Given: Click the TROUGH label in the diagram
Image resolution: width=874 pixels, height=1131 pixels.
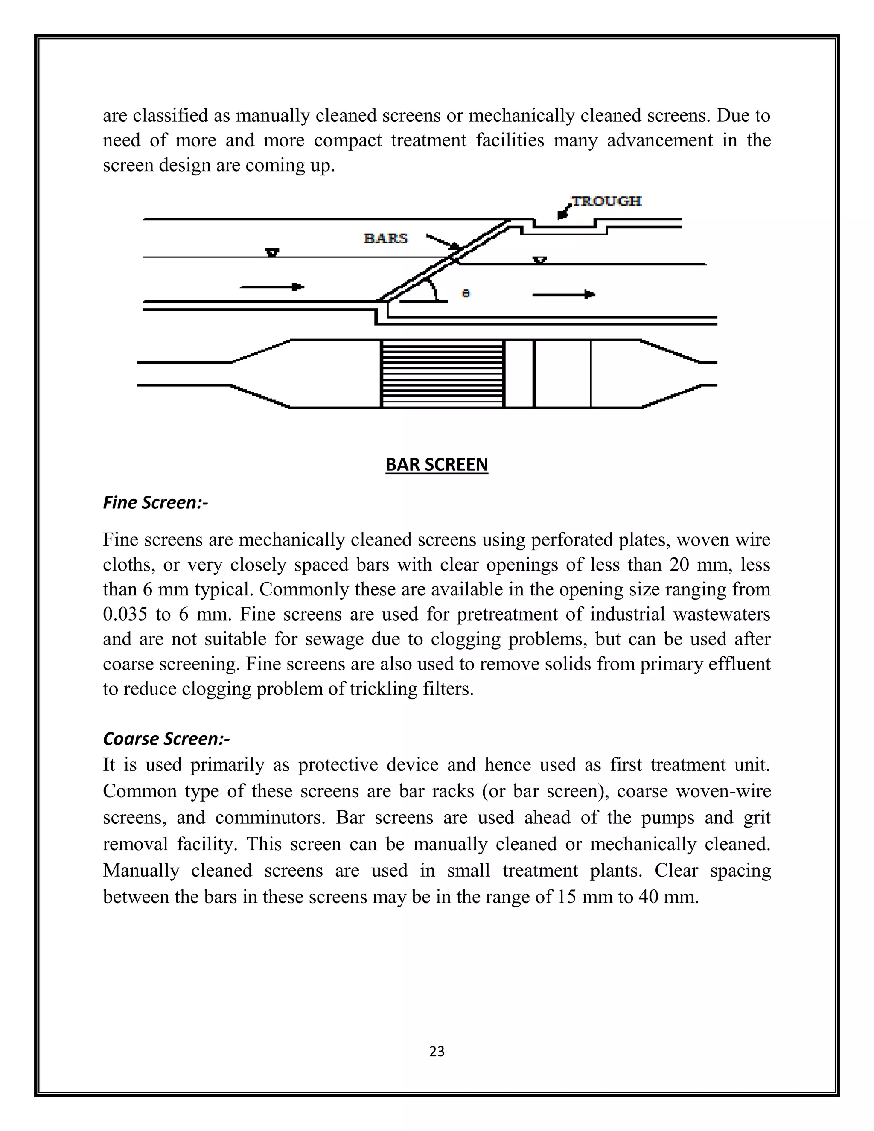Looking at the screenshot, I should point(606,201).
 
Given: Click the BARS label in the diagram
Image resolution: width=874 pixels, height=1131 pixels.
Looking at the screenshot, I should point(386,238).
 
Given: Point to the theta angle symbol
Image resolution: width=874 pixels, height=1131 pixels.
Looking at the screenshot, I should point(466,294).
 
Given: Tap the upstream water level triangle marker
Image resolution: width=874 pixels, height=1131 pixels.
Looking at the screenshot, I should point(272,253).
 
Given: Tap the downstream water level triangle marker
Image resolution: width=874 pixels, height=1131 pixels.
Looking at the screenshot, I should point(540,260).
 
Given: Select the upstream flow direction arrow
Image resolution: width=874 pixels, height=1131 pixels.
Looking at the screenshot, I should point(272,286).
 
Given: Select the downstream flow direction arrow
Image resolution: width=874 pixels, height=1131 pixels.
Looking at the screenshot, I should point(563,294).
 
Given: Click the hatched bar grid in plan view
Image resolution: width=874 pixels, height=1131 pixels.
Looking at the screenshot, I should point(442,374).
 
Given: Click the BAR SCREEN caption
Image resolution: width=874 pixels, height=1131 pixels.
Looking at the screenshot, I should point(437,464).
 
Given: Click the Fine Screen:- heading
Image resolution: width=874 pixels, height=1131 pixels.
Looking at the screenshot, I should point(155,502).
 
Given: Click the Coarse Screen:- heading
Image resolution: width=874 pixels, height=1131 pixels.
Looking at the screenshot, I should point(166,738).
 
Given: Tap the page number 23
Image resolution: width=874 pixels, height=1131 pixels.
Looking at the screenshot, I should point(437,1052).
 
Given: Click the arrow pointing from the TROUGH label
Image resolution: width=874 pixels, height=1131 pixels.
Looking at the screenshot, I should point(564,211).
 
